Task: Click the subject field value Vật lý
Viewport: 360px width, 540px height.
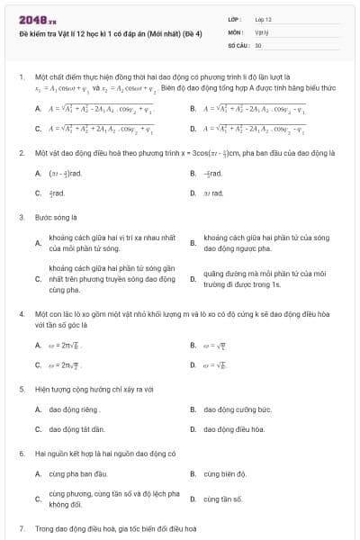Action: [261, 31]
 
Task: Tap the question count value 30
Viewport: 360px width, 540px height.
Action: [258, 44]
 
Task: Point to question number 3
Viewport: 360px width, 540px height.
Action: [21, 217]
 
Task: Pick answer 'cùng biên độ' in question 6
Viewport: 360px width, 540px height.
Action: [224, 472]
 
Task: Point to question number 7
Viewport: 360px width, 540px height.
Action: [21, 528]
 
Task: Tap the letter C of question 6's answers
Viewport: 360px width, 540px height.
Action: [38, 498]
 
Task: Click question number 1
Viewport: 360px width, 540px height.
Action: [21, 78]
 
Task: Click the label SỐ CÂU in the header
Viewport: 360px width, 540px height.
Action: [238, 44]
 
